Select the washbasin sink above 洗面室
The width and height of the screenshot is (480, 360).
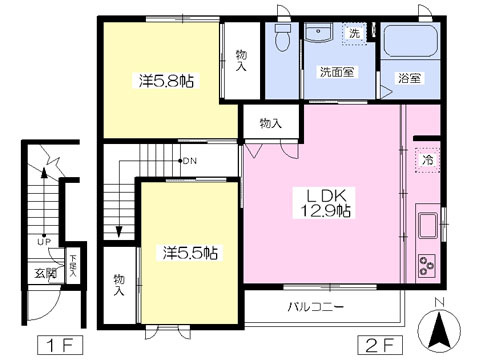(x=322, y=33)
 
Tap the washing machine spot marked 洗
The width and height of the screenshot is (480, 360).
(x=354, y=33)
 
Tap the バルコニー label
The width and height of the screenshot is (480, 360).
(x=316, y=307)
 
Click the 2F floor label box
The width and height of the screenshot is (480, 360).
(x=374, y=346)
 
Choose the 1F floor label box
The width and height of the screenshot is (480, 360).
(x=57, y=346)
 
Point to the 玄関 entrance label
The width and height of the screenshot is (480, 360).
(x=45, y=271)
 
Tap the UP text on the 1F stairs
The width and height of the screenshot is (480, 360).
(x=44, y=241)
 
